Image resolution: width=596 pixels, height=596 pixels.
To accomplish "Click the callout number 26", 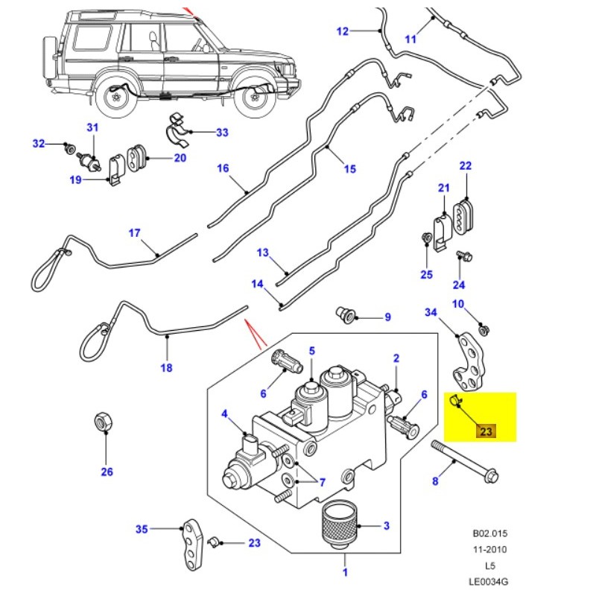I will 107,471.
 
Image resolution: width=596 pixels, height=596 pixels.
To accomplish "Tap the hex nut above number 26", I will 104,422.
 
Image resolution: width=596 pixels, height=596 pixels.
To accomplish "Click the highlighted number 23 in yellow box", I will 486,431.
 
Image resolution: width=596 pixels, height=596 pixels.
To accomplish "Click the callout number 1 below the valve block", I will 345,572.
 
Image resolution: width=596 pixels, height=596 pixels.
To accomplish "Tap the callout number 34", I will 431,311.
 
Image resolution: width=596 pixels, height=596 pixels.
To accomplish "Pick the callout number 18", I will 166,367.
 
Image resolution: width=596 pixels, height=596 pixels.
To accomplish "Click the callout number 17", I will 134,233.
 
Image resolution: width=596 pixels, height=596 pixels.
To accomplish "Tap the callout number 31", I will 92,127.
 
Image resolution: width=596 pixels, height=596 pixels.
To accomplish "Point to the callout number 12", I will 342,31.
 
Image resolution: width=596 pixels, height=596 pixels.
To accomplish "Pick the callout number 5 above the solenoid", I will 312,350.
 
